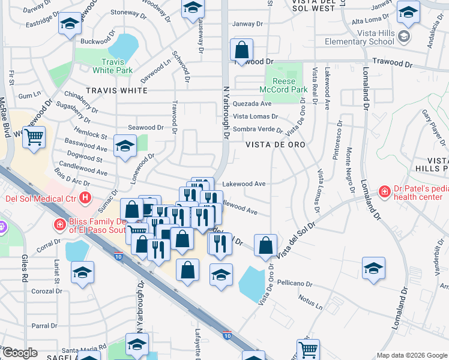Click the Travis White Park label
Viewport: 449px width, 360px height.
[x=112, y=66]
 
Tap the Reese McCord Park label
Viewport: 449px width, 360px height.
[x=286, y=85]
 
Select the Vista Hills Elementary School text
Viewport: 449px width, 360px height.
[x=360, y=37]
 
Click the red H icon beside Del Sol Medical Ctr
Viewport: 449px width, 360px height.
[x=86, y=197]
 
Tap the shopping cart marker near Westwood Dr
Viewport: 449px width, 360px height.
[x=34, y=137]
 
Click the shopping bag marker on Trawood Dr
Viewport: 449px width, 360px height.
[x=241, y=50]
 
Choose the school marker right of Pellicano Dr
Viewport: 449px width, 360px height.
[x=373, y=268]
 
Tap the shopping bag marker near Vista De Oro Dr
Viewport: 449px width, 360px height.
[x=265, y=245]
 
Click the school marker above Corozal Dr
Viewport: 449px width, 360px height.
[x=83, y=272]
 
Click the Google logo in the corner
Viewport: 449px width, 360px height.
[x=19, y=353]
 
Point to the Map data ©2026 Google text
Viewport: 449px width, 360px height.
[x=412, y=355]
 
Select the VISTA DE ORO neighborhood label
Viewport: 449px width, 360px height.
[x=276, y=145]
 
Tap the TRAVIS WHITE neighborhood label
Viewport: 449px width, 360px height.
[x=116, y=91]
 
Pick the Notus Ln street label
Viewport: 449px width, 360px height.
[x=310, y=304]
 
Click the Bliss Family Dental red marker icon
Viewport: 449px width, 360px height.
[x=59, y=225]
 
